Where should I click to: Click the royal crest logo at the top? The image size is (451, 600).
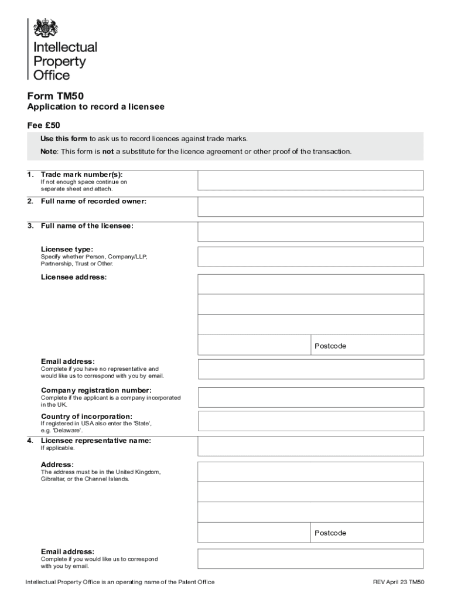pos(46,29)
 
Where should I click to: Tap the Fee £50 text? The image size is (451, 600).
pos(44,125)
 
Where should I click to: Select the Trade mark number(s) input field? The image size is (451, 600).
pos(310,180)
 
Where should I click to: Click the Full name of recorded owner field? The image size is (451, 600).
pos(310,207)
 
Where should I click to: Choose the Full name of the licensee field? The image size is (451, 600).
pos(310,232)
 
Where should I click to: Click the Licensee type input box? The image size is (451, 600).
pos(310,257)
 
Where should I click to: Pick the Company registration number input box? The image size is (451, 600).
pos(310,397)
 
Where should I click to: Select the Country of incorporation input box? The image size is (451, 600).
pos(310,421)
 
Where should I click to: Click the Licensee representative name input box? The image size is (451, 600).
pos(310,446)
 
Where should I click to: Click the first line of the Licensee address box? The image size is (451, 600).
pos(310,284)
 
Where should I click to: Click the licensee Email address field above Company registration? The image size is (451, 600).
pos(310,369)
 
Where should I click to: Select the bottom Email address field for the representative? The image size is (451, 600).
pos(310,559)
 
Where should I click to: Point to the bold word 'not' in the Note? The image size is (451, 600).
pos(108,152)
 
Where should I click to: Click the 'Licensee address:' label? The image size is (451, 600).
pos(74,277)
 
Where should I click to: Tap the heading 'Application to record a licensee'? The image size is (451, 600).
pos(96,107)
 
